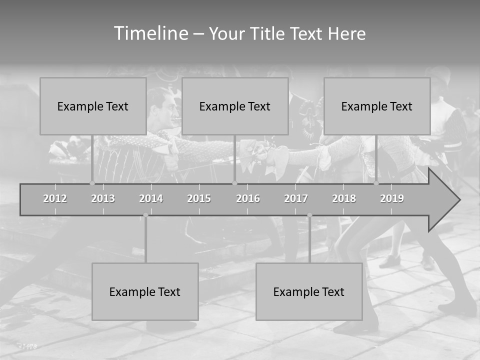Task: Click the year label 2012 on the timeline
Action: [55, 198]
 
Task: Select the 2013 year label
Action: [103, 198]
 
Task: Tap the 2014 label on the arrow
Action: [151, 198]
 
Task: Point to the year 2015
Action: [199, 198]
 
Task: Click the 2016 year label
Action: [248, 198]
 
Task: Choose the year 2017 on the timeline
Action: [296, 198]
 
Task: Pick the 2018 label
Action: [344, 198]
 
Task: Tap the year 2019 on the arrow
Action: [392, 198]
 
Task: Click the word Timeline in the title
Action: [150, 33]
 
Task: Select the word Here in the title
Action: [346, 34]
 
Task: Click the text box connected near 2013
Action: [93, 106]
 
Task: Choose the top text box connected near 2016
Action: [235, 106]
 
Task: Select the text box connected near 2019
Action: [377, 106]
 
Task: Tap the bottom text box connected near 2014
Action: [145, 291]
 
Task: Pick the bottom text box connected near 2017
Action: [309, 291]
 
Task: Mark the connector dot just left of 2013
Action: [92, 183]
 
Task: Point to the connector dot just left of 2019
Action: [376, 183]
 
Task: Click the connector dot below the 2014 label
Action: [145, 215]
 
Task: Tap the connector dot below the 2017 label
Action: [309, 215]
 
